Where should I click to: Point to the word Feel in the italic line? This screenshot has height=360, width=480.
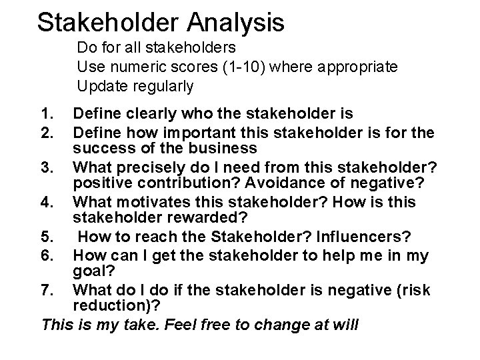[x=185, y=325]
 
